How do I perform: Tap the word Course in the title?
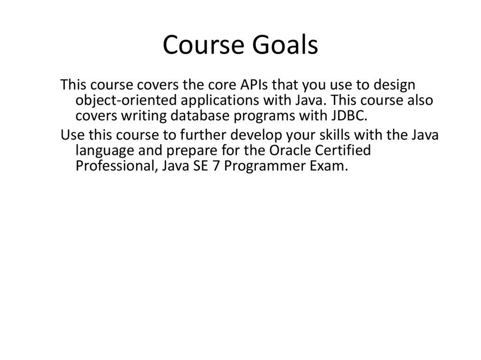coord(205,46)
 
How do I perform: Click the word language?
coord(105,151)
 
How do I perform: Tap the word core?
coord(214,85)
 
